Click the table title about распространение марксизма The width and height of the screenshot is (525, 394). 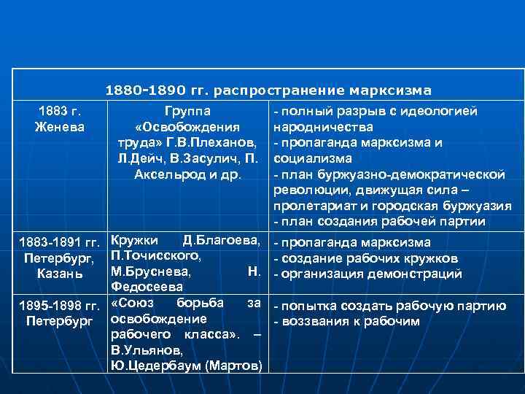268,90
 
